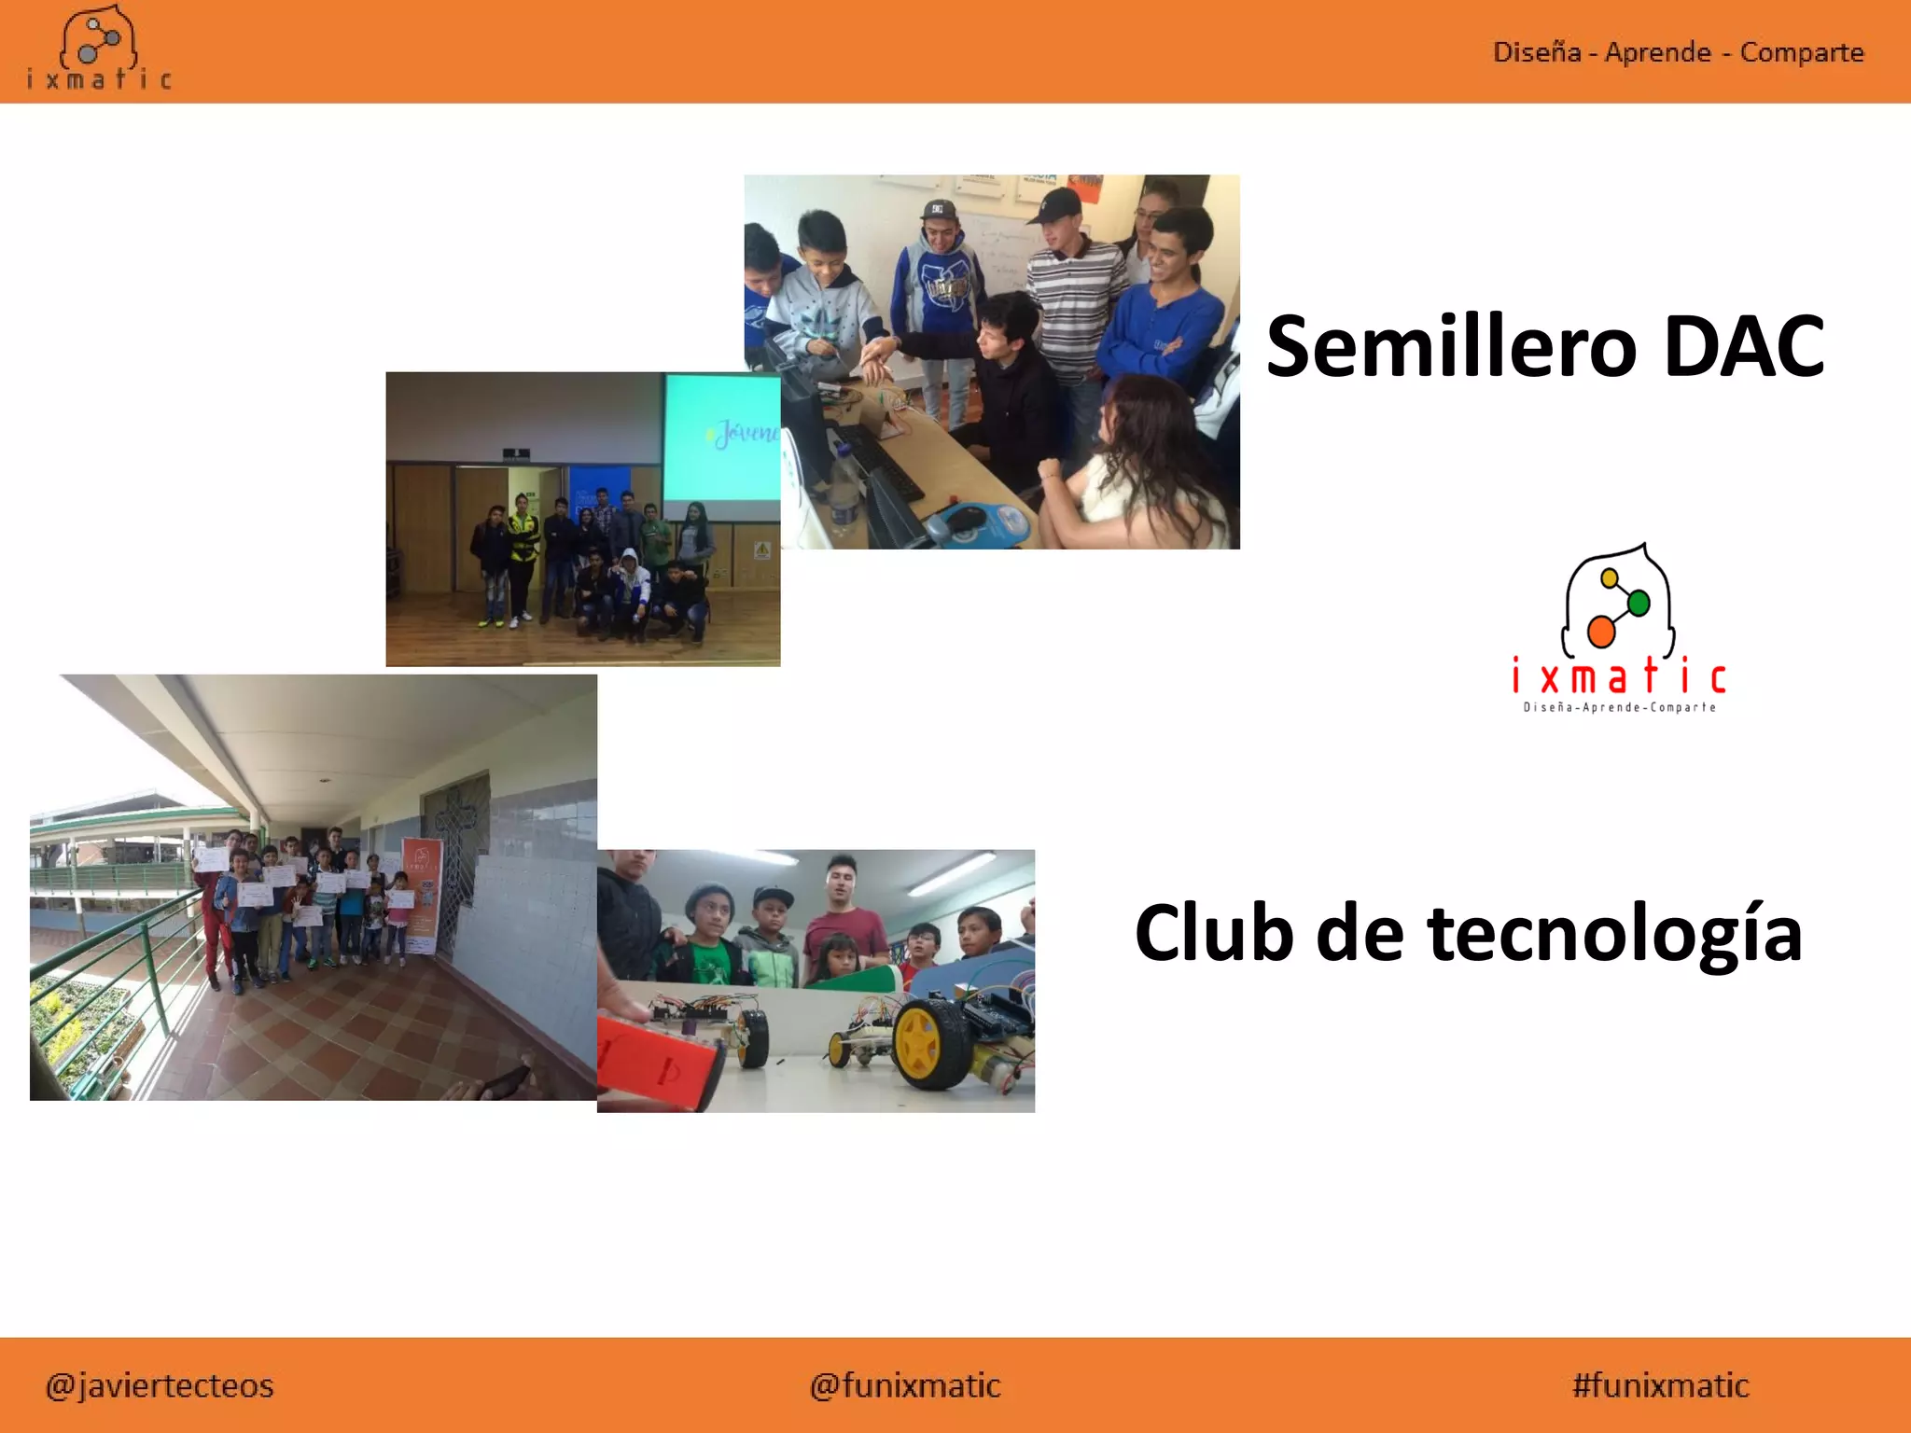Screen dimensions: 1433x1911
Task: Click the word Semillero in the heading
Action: [1451, 347]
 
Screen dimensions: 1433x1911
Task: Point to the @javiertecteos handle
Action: [160, 1385]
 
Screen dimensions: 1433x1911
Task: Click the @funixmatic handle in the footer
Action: [905, 1385]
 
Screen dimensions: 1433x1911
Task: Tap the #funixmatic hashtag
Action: [1660, 1385]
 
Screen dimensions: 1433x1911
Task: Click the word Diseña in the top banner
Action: [1537, 52]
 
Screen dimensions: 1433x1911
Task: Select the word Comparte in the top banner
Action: [1802, 52]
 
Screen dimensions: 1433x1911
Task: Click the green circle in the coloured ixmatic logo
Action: [1639, 603]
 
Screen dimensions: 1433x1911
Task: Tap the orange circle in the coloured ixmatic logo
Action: [1601, 632]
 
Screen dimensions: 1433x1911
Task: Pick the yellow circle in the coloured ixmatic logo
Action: [1609, 578]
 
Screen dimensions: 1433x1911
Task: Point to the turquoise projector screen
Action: [721, 436]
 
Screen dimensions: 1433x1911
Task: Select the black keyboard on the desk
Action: [882, 463]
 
